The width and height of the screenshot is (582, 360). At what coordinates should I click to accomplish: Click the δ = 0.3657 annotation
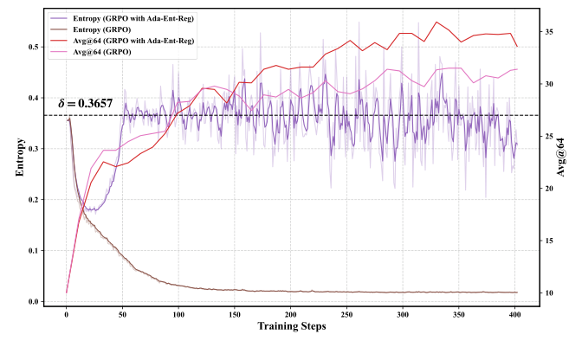coord(85,104)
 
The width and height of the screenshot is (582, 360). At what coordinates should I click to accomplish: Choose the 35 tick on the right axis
coord(548,31)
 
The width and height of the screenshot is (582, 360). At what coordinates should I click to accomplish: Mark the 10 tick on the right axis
coord(548,292)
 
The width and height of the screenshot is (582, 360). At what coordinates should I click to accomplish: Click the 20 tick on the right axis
coord(548,188)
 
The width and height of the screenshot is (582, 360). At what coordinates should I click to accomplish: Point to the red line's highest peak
coord(436,22)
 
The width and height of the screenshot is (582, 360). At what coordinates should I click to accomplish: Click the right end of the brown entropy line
coord(517,292)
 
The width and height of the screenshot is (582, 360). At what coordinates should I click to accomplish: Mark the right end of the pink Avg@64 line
coord(517,69)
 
